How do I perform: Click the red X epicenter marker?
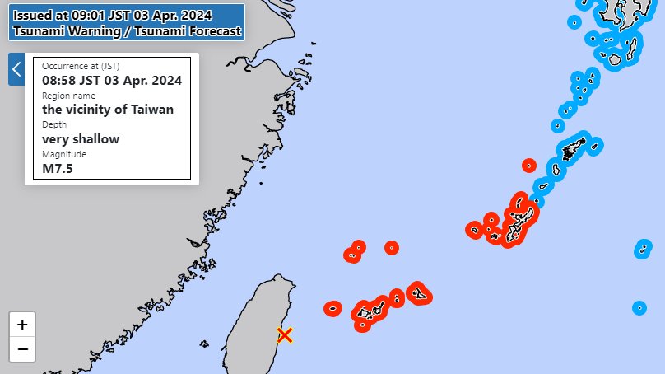coord(285,335)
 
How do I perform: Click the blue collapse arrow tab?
coord(16,69)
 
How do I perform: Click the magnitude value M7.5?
coord(58,168)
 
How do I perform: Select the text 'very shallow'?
coord(81,138)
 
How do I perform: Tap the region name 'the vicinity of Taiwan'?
coord(108,109)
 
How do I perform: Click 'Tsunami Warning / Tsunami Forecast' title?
coord(127,31)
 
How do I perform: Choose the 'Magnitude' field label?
coord(64,154)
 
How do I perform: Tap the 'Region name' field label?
coord(68,96)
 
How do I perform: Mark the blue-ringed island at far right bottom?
coord(639,308)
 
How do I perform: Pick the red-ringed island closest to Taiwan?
coord(332,309)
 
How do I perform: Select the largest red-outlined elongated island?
coord(522,218)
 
